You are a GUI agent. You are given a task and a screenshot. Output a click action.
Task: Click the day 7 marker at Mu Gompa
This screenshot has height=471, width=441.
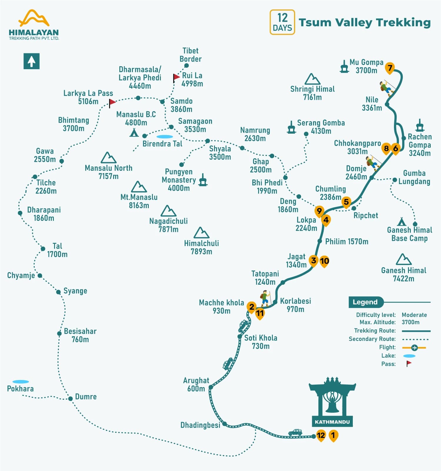pos(390,68)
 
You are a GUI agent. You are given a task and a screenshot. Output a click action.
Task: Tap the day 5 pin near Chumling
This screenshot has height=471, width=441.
pos(346,202)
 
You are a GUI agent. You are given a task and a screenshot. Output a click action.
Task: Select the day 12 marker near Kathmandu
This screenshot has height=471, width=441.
pos(321,435)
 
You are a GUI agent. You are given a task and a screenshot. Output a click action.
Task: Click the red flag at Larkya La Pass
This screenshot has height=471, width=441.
pos(112,102)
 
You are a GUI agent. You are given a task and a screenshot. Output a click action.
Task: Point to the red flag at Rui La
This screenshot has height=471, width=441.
pos(176,77)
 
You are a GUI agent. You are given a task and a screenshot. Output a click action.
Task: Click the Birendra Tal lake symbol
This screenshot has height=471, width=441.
pos(165,137)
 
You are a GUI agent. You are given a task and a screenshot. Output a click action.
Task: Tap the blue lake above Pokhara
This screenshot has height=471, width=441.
pos(21,382)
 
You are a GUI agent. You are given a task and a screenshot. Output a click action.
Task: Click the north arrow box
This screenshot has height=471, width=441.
pos(31,61)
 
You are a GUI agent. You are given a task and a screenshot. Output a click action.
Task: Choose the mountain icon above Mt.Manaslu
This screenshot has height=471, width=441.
pos(139,187)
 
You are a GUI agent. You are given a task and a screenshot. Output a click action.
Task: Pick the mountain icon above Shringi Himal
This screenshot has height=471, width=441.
pos(312,79)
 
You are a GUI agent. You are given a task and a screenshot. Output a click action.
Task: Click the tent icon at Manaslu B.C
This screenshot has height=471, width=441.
pos(134,132)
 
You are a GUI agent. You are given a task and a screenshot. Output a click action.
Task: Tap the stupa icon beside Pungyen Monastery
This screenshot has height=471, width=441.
pos(203,180)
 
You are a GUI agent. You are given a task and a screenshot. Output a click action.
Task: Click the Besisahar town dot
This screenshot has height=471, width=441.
pos(59,333)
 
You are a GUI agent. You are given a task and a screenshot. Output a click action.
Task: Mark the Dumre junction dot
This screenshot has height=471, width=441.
pos(70,399)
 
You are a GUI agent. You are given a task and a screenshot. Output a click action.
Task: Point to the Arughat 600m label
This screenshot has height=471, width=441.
pos(196,384)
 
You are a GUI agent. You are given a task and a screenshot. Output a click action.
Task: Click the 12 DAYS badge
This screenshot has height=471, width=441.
pos(282,22)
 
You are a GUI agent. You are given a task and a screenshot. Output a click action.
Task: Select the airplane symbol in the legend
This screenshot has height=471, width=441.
pos(414,348)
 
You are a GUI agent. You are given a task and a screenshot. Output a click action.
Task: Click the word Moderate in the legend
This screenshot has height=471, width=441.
pos(414,315)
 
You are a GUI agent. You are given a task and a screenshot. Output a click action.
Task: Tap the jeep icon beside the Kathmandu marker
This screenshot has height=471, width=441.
pos(295,432)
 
